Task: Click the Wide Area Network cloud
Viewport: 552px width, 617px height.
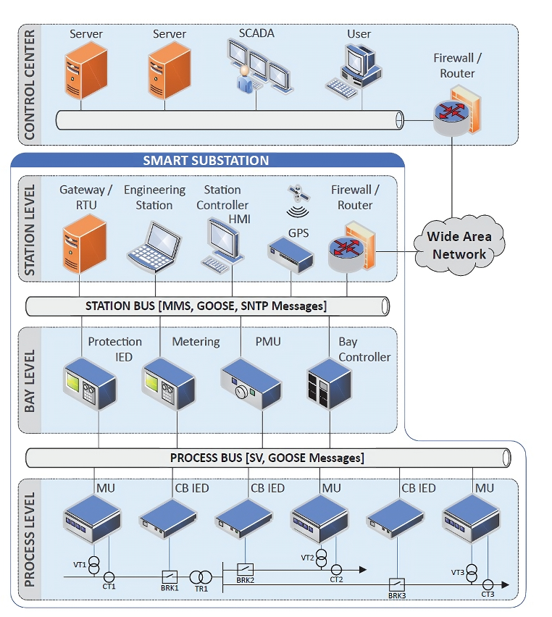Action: coord(459,245)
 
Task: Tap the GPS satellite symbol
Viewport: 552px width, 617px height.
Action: coord(294,194)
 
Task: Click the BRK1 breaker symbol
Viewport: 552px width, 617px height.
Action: coord(170,576)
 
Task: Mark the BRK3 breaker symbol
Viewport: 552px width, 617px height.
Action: coord(396,583)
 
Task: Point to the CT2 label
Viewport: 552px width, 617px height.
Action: coord(336,579)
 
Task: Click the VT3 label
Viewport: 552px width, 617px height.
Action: coord(457,572)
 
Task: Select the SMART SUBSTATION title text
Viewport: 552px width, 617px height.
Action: coord(206,161)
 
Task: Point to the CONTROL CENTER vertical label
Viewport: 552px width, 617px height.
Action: coord(30,85)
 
